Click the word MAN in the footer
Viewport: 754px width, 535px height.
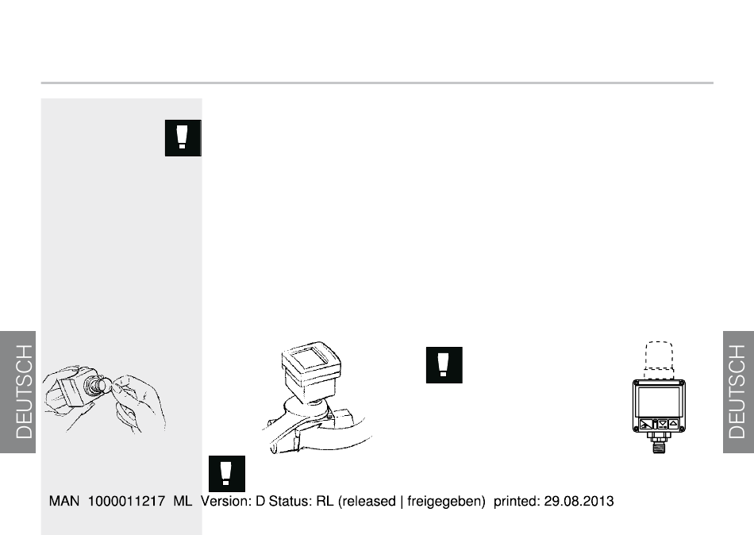64,502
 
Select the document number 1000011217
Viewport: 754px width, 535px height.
126,502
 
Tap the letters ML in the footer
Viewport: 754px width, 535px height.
183,502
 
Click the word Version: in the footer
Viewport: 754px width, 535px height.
226,502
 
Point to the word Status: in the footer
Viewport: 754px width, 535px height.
290,502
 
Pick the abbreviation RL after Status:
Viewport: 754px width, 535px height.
325,502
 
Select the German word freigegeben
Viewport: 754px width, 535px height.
444,502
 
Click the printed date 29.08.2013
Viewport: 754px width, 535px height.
579,502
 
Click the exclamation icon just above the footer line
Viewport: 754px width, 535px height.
226,473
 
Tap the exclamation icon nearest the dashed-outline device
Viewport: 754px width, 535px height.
444,365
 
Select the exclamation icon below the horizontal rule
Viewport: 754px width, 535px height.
183,138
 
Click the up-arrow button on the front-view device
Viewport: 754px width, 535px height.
673,424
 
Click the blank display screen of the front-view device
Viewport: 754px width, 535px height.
659,402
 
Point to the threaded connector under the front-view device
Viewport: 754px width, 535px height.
659,443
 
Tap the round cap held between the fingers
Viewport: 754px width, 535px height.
105,386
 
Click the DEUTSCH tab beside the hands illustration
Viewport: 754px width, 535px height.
17,392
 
